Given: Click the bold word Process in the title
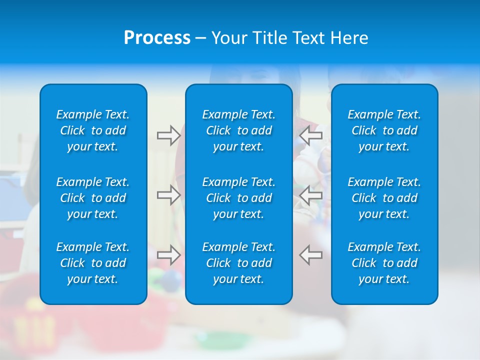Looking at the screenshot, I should tap(157, 38).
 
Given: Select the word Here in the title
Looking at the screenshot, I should tap(349, 38).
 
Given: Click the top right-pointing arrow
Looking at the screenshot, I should tap(168, 135).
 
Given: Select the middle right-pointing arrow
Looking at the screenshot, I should tap(168, 195).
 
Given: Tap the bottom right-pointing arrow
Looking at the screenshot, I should tap(168, 255).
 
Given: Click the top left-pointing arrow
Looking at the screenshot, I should tap(311, 135).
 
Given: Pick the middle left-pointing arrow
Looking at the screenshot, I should tap(311, 195).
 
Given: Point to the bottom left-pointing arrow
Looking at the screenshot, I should tap(311, 255).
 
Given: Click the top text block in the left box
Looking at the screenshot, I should tap(93, 130).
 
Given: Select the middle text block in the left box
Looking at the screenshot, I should tap(93, 198).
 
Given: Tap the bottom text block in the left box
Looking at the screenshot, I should tap(93, 263).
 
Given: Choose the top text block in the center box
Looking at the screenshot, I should tap(238, 130).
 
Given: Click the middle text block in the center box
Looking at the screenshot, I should tap(238, 198).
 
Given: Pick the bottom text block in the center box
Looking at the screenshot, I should tap(238, 263).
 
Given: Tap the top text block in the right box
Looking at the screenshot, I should tap(384, 130).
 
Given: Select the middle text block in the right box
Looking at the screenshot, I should tap(384, 198).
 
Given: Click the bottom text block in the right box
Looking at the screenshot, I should tap(384, 263).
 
